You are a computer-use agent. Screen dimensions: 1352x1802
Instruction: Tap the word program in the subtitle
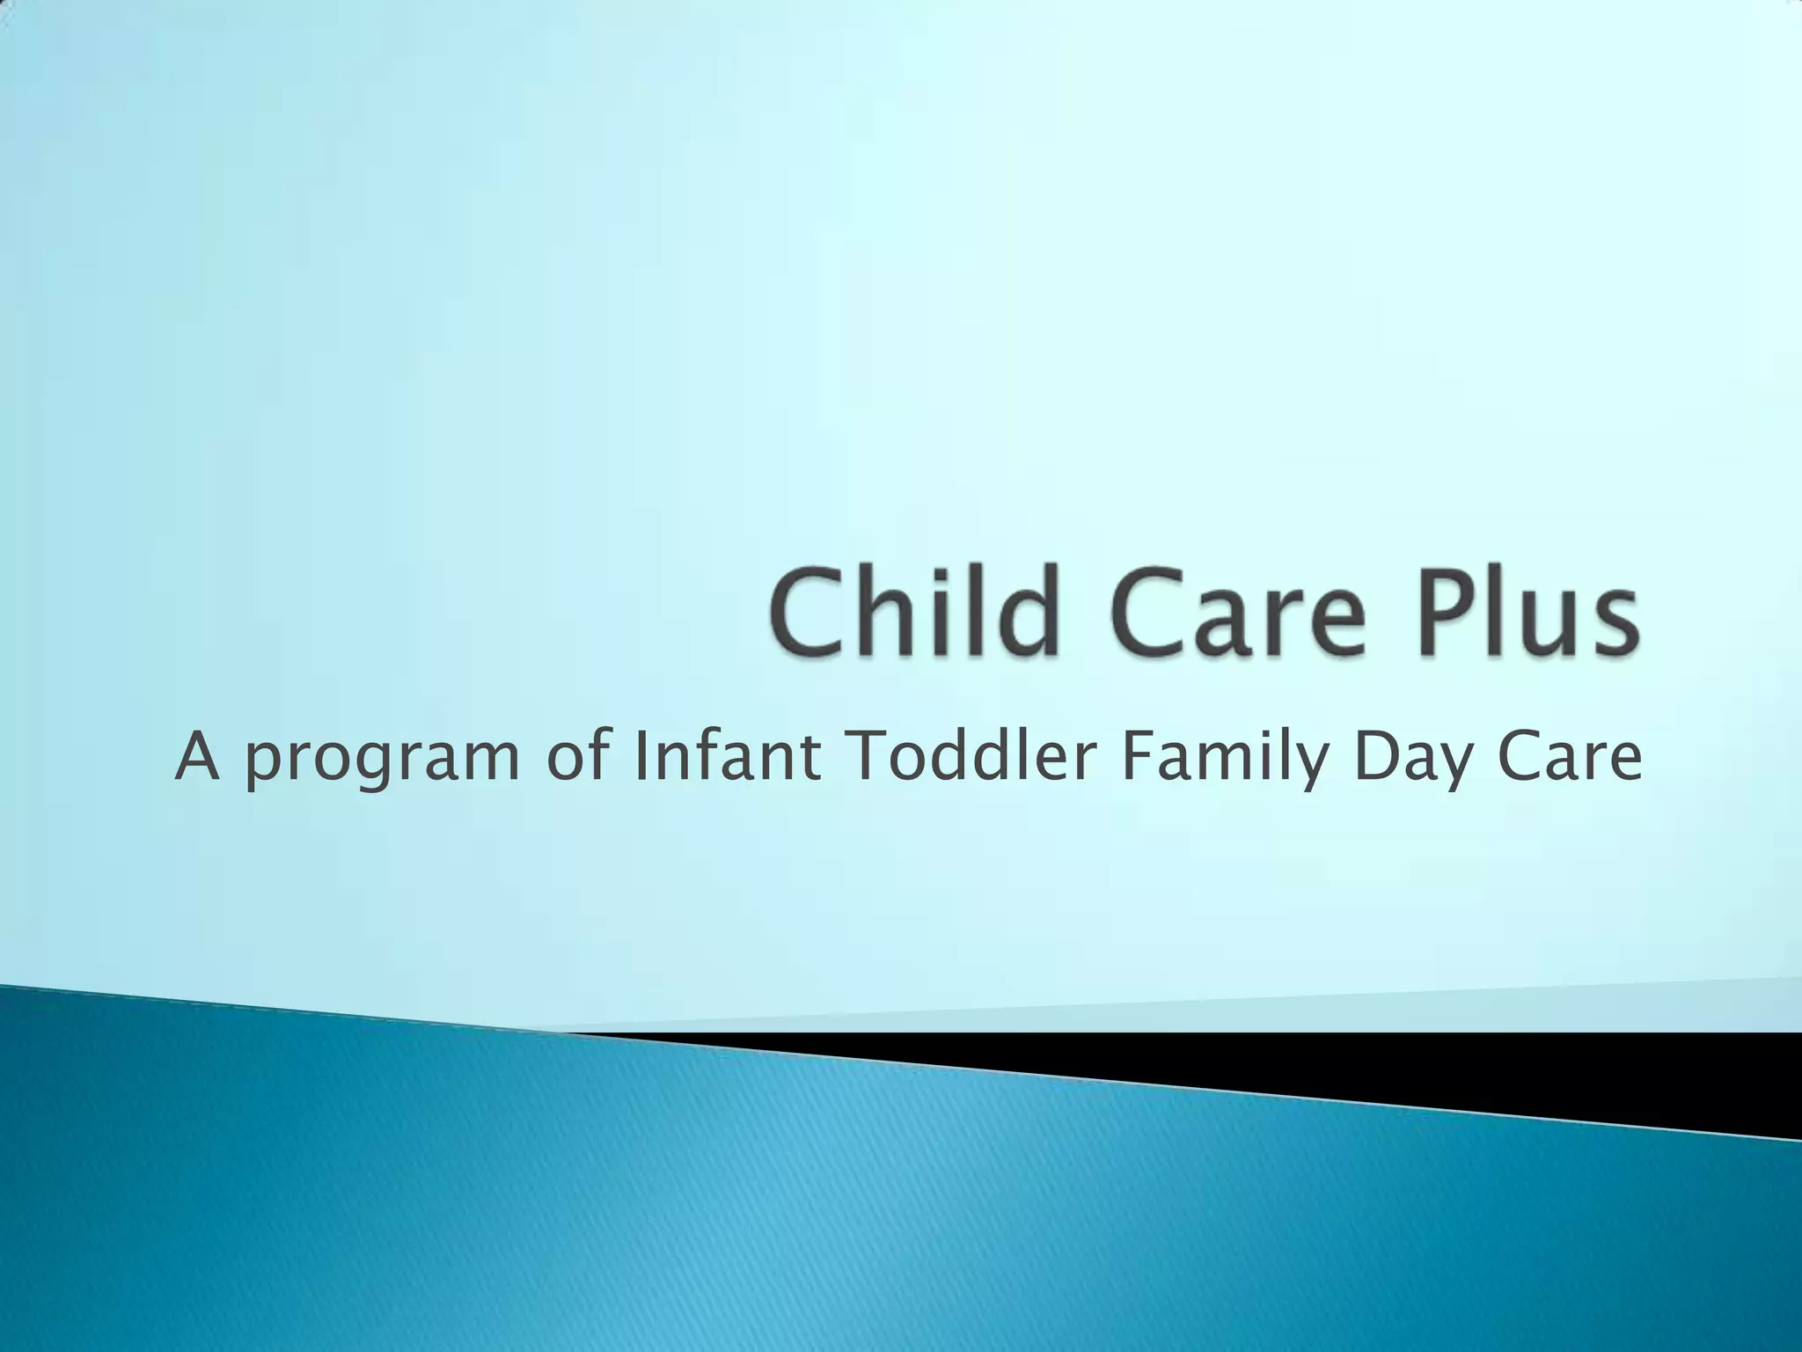click(x=381, y=762)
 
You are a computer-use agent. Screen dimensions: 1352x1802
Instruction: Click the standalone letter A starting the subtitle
click(x=197, y=757)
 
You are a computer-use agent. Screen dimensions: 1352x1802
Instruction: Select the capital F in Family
click(x=1136, y=757)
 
